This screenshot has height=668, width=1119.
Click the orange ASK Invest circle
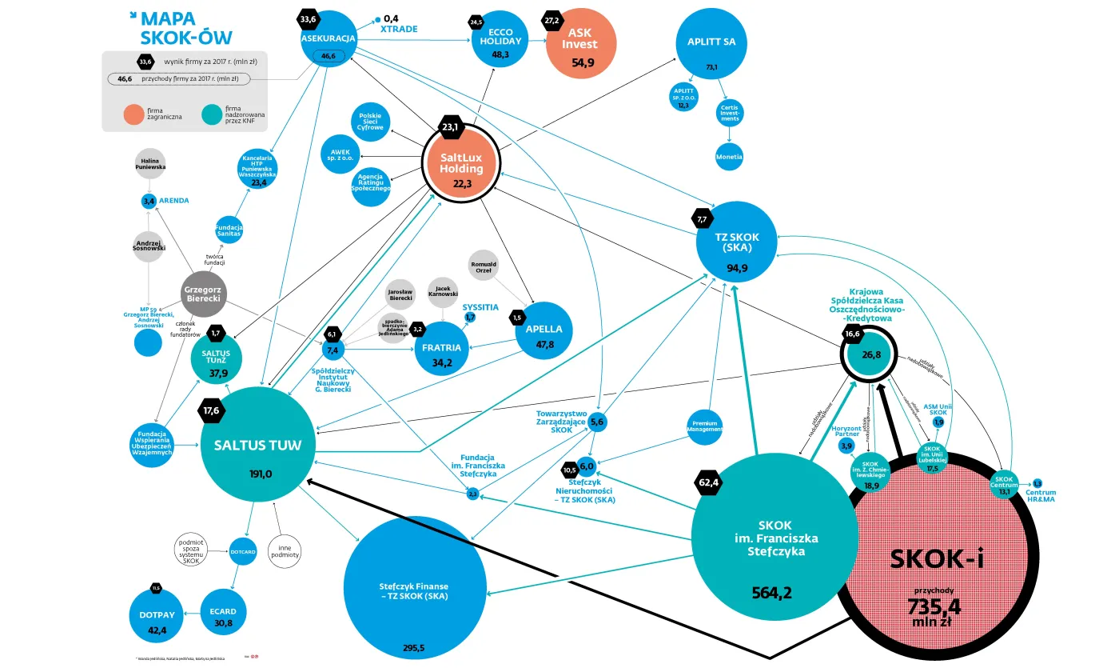579,46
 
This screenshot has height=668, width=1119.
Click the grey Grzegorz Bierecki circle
202,293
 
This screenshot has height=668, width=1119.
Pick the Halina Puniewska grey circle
149,163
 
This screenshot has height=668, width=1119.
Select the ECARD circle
225,615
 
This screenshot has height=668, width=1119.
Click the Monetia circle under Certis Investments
729,157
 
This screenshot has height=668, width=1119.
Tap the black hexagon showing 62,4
710,483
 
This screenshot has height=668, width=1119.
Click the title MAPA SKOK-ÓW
185,28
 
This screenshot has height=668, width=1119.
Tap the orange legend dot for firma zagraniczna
136,117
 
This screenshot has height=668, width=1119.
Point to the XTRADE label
399,29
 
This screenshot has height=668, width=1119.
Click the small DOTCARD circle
242,550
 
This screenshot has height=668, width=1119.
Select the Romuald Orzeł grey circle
483,266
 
